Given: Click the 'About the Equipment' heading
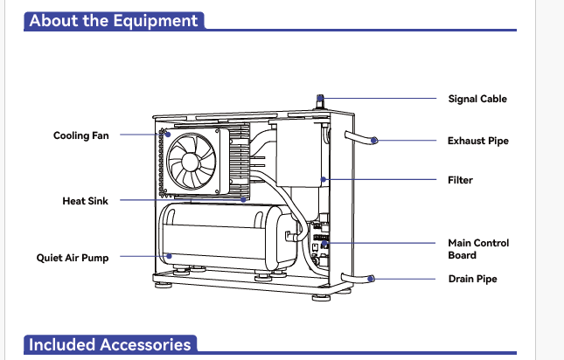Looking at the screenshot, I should click(x=114, y=20).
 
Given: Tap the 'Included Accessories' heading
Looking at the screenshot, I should click(x=109, y=344).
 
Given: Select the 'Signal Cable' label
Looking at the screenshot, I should click(x=477, y=99).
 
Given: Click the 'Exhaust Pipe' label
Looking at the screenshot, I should click(x=477, y=140).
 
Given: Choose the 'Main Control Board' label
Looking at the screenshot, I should click(x=478, y=249).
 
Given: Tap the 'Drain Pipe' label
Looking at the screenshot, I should click(x=473, y=280).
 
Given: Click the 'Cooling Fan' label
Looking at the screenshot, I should click(x=81, y=135).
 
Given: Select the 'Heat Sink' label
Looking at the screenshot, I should click(x=85, y=201).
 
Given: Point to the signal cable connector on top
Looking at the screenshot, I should click(x=321, y=101).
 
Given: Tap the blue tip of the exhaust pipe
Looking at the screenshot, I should click(x=375, y=140).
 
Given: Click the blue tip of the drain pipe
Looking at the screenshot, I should click(x=373, y=279).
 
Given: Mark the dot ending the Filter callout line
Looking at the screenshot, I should click(x=324, y=180).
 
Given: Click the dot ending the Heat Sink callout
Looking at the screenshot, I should click(x=244, y=200).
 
